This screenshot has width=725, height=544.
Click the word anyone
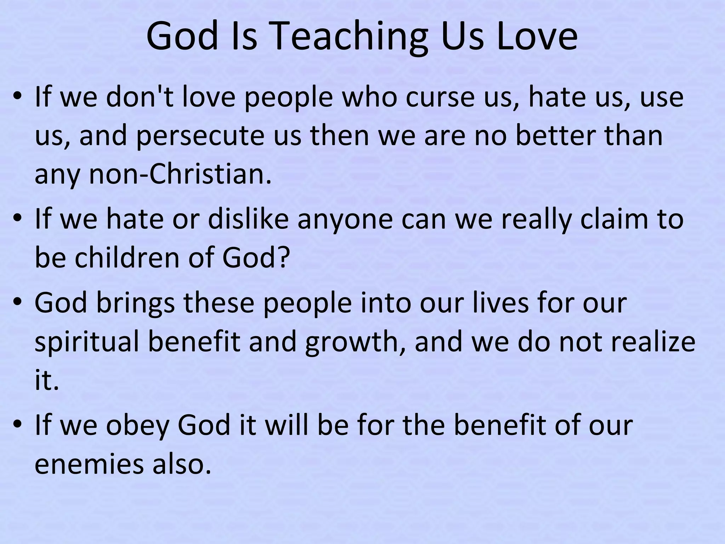pos(345,219)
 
